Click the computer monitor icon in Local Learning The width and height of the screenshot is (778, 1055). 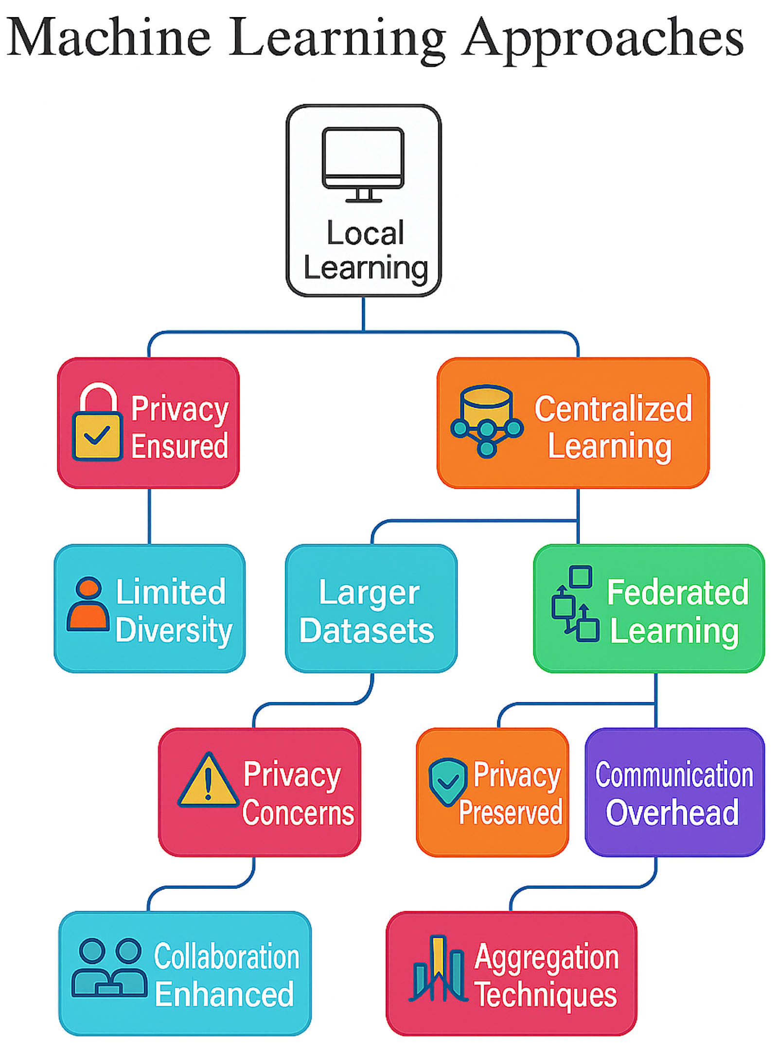point(363,164)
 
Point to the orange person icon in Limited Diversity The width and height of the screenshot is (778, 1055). point(88,604)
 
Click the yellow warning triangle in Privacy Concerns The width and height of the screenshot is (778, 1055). point(208,780)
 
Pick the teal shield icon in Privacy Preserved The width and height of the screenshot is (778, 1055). point(447,782)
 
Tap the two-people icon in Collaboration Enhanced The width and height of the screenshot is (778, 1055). point(110,967)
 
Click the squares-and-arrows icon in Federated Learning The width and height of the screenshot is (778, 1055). point(575,604)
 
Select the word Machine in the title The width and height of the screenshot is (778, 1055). point(109,37)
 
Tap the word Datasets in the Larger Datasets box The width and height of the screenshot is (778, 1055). point(367,631)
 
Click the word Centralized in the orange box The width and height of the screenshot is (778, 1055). point(613,408)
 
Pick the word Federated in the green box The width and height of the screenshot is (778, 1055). point(677,592)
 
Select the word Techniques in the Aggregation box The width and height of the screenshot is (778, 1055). point(546,995)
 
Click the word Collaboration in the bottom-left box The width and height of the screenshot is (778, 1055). point(227,956)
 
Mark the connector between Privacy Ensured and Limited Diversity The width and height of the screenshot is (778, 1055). point(149,516)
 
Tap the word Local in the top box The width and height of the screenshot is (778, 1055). point(365,232)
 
